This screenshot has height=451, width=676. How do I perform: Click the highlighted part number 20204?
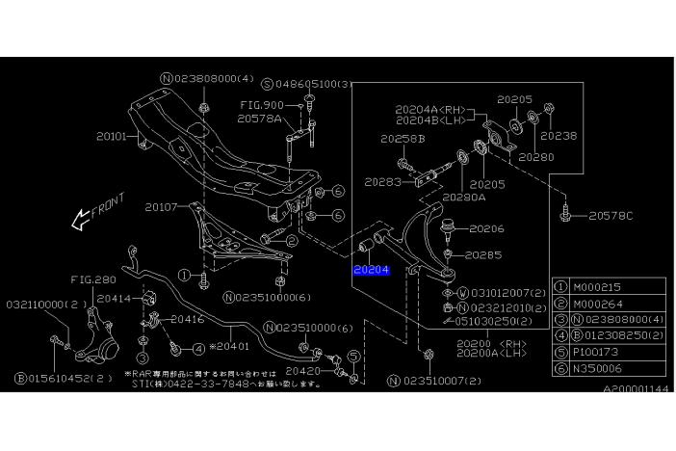coord(371,270)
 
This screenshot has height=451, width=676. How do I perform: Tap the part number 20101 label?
coord(111,137)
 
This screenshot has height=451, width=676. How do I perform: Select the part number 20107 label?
coord(161,206)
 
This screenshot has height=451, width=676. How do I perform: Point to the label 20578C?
coord(611,216)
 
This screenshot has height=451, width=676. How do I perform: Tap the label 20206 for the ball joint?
coord(486,229)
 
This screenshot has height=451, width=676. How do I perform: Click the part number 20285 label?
coord(483,255)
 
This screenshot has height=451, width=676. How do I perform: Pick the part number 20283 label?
coord(381,180)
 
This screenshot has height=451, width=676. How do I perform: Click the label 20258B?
coord(401,140)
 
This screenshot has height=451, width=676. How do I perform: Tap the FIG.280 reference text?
coord(92,280)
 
